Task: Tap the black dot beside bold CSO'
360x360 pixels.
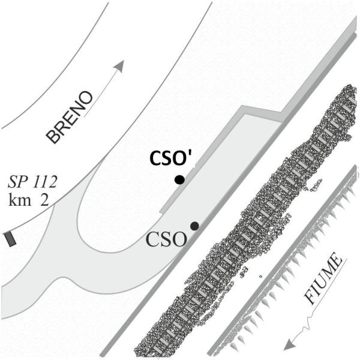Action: [179, 179]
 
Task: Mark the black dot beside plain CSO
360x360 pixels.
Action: [194, 226]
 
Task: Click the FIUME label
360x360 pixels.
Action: [323, 282]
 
